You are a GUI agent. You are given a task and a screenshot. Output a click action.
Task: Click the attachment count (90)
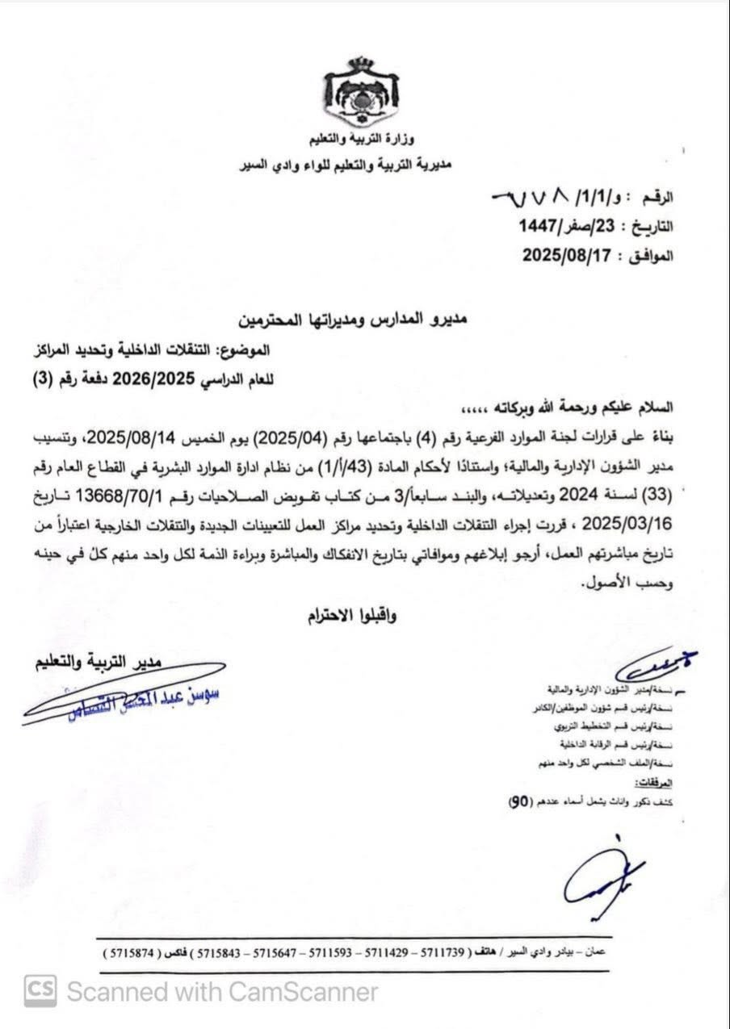[x=518, y=801]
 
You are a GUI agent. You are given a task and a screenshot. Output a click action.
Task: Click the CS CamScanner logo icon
[x=40, y=990]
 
